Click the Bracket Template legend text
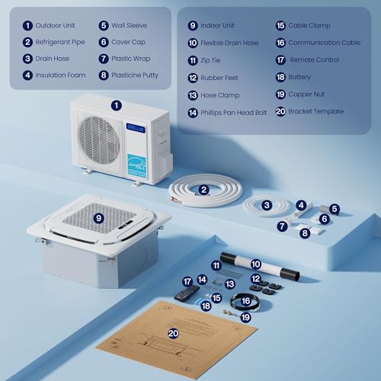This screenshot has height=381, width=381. [316, 111]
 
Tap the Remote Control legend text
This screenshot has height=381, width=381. [318, 59]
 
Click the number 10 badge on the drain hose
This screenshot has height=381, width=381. [256, 264]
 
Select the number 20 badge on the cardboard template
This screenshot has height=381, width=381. [173, 333]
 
